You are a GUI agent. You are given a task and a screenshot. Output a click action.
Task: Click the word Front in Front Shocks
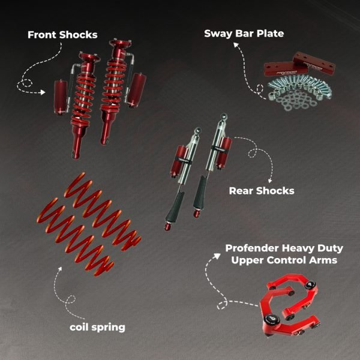coord(42,35)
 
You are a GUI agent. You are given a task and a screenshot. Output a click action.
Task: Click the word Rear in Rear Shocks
coord(241,191)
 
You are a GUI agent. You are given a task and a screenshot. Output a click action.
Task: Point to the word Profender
coord(252,248)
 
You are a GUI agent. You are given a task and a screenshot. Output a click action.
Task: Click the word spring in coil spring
coord(109,328)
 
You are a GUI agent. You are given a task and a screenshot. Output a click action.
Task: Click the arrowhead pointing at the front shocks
coord(43,92)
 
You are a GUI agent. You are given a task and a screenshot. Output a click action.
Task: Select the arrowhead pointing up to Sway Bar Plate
coord(236,45)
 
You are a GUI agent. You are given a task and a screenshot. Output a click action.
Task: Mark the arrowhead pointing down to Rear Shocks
coord(270,181)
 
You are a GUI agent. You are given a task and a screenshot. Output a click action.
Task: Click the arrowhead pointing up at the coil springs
coord(60,269)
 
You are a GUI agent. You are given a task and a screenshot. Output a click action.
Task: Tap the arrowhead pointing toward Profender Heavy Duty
coord(217,256)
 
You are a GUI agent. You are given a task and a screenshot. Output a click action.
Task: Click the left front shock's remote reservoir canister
coord(61,97)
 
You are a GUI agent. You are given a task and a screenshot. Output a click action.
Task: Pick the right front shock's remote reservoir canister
coord(137,91)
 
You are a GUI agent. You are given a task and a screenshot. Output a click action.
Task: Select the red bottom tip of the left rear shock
coord(167,227)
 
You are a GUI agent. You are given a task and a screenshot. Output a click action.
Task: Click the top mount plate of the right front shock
coord(120,43)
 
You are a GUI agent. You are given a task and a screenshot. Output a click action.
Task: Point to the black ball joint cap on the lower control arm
coord(272,319)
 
